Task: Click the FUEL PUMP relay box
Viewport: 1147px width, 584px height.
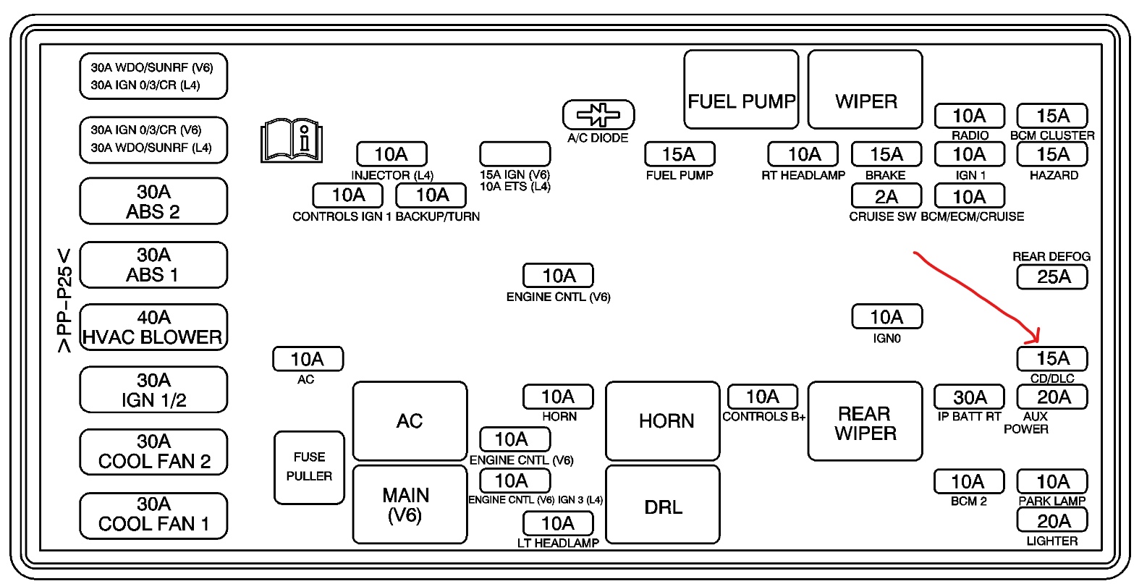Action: click(x=741, y=89)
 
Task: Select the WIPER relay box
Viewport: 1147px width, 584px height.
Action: click(x=865, y=89)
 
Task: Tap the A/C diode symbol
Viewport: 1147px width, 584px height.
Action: click(x=598, y=114)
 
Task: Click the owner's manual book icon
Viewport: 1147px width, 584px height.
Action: click(x=291, y=140)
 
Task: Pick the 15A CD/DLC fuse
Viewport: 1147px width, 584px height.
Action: click(x=1052, y=358)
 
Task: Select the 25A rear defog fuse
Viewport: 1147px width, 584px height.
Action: click(x=1052, y=276)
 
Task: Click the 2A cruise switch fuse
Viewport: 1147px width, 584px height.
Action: click(x=886, y=196)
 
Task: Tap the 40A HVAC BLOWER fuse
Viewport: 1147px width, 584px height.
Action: click(x=153, y=327)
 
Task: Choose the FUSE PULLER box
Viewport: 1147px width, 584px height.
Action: click(x=309, y=467)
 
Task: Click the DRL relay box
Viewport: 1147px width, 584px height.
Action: click(x=663, y=504)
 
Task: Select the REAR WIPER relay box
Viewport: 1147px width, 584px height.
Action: click(x=865, y=421)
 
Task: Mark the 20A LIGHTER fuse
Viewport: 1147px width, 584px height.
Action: click(x=1052, y=520)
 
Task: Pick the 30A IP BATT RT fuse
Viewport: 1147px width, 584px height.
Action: click(x=969, y=397)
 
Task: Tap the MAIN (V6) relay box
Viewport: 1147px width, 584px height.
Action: click(x=410, y=504)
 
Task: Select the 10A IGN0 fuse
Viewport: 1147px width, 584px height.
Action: click(x=886, y=317)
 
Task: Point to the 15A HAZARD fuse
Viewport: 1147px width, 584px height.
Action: click(x=1052, y=154)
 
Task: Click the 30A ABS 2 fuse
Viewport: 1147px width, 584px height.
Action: click(x=153, y=201)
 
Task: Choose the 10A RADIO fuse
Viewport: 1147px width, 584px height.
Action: click(x=969, y=116)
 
